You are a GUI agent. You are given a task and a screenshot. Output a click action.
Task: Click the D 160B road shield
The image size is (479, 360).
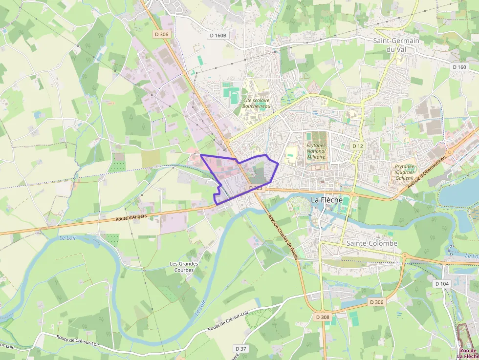pyautogui.click(x=218, y=35)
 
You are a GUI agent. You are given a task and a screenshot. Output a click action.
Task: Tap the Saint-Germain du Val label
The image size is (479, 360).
pyautogui.click(x=396, y=45)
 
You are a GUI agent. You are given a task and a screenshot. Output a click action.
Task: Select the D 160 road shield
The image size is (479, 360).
pyautogui.click(x=459, y=67)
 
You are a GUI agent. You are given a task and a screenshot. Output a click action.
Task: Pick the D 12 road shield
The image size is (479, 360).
pyautogui.click(x=358, y=146)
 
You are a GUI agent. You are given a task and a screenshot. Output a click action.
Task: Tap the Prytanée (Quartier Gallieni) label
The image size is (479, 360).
pyautogui.click(x=404, y=172)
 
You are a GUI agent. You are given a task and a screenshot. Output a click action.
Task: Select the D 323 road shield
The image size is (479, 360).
pyautogui.click(x=256, y=188)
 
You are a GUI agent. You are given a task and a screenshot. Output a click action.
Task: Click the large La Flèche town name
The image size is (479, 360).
pyautogui.click(x=327, y=199)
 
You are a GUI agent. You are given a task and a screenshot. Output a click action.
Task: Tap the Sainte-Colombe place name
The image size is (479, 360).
pyautogui.click(x=371, y=243)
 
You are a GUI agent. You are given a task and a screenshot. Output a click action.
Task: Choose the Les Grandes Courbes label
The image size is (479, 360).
pyautogui.click(x=182, y=267)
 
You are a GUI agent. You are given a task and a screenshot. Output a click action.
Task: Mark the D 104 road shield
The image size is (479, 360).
pyautogui.click(x=441, y=284)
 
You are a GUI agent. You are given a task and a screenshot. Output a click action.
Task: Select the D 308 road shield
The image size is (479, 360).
pyautogui.click(x=323, y=317)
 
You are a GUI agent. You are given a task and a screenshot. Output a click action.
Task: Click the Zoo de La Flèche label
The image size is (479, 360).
pyautogui.click(x=468, y=354)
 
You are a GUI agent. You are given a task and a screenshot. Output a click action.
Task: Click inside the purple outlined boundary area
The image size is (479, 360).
pyautogui.click(x=244, y=178)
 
